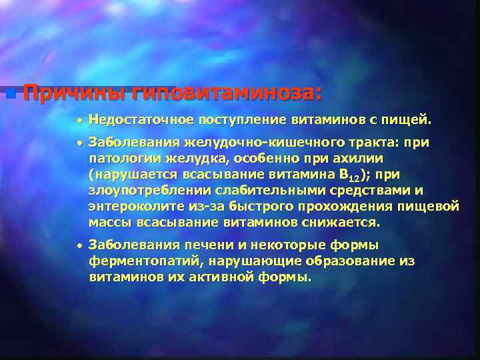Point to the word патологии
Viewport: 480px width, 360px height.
pos(121,159)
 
